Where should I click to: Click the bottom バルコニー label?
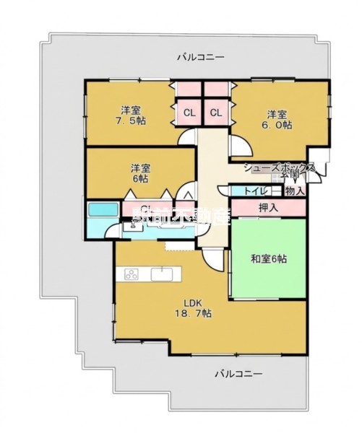[x=238, y=374]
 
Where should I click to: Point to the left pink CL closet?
[x=189, y=112]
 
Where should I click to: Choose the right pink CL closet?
[x=216, y=112]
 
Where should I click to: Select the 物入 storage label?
[x=294, y=191]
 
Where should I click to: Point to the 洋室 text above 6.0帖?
[x=277, y=113]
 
